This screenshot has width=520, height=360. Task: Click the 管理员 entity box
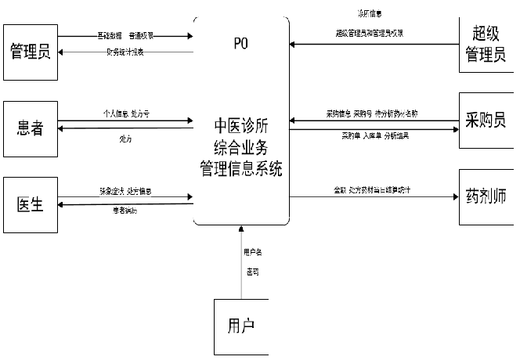click(31, 52)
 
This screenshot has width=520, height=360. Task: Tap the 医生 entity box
click(31, 204)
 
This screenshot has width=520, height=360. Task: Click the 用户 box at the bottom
click(240, 325)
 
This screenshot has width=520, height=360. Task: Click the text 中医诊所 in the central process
click(242, 126)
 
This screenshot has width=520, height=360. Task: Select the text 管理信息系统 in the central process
click(242, 167)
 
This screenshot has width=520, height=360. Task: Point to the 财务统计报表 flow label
click(125, 52)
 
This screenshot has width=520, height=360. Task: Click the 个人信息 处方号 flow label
click(126, 113)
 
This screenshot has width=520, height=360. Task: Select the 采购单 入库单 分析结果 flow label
click(374, 135)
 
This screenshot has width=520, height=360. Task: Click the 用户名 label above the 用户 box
click(252, 252)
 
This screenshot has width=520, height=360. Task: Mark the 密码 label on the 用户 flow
click(252, 272)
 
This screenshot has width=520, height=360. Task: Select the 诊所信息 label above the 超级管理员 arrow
click(368, 14)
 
